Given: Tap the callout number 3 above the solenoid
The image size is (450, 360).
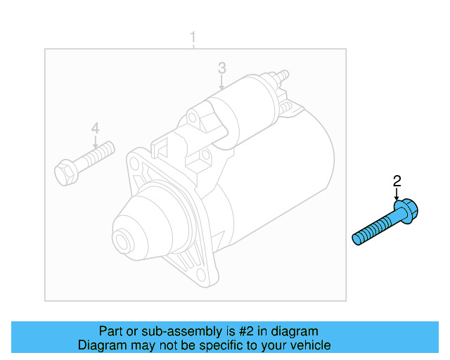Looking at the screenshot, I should (x=221, y=67).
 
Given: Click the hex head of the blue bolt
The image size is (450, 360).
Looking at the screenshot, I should (x=406, y=210).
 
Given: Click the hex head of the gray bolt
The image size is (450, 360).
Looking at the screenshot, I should (x=64, y=171).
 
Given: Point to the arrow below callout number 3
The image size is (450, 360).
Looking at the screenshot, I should (x=221, y=83).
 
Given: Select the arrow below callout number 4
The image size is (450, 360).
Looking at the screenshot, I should (x=95, y=141).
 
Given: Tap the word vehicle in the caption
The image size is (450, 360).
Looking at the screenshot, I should (x=310, y=345).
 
